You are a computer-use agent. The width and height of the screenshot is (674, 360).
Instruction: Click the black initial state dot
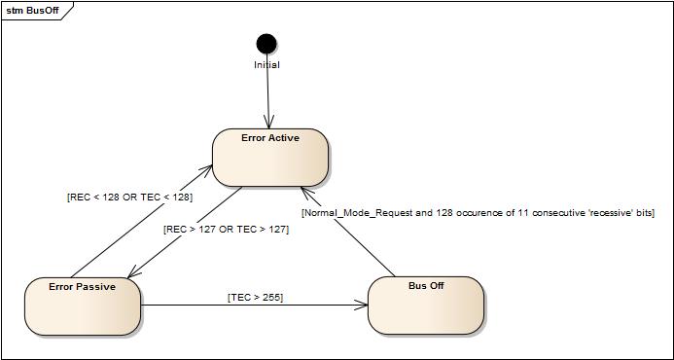click(266, 43)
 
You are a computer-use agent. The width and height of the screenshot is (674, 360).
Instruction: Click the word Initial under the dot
click(266, 65)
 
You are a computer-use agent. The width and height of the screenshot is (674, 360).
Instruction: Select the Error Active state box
click(270, 160)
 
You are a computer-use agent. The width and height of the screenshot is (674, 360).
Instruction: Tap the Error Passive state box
click(82, 309)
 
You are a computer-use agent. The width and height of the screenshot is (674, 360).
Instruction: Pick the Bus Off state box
click(426, 308)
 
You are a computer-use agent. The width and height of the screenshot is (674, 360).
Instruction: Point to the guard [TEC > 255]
click(255, 297)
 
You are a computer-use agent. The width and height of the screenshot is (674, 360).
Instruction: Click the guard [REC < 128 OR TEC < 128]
click(129, 197)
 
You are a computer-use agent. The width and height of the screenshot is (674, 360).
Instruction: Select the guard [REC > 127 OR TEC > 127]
click(226, 230)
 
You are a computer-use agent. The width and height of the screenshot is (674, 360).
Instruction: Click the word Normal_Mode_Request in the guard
click(354, 212)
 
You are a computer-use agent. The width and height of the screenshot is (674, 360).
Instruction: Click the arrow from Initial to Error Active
click(267, 97)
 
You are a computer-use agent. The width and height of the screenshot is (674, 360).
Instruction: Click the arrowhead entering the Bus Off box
click(363, 305)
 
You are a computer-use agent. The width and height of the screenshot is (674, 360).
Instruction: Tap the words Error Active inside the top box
click(270, 138)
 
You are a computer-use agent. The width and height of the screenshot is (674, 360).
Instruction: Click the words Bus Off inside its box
click(426, 286)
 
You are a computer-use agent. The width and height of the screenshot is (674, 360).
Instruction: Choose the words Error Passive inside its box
click(82, 287)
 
